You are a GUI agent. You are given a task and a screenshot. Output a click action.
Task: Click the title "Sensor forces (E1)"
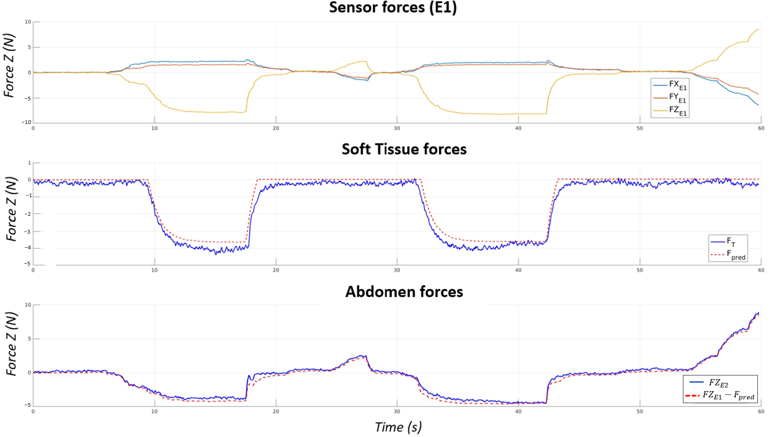[x=393, y=8]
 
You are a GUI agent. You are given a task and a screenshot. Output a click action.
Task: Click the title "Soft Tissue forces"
[x=404, y=149]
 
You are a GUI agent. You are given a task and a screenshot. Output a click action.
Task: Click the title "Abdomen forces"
[x=404, y=292]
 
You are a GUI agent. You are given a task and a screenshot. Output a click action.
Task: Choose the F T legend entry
[x=731, y=242]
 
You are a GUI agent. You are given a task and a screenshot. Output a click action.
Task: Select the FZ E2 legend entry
[x=718, y=383]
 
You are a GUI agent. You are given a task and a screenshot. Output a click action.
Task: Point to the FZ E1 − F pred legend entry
[x=728, y=396]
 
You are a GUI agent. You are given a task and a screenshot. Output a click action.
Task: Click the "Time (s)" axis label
[x=398, y=427]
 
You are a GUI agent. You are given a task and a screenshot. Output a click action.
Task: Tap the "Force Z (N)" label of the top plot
[x=9, y=65]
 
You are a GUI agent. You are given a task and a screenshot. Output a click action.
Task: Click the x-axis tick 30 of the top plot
[x=397, y=128]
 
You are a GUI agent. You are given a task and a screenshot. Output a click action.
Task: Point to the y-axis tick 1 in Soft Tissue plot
[x=29, y=163]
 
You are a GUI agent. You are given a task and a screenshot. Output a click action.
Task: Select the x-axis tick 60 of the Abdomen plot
[x=761, y=411]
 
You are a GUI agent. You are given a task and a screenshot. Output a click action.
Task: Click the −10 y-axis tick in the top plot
[x=26, y=122]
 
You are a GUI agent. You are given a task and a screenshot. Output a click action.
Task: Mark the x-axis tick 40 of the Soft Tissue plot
[x=518, y=270]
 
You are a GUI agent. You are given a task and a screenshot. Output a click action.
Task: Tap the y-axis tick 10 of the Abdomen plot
[x=28, y=305]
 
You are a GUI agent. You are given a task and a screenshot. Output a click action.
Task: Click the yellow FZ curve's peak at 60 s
[x=758, y=29]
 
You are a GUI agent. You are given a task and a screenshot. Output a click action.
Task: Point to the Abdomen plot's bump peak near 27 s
[x=363, y=356]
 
